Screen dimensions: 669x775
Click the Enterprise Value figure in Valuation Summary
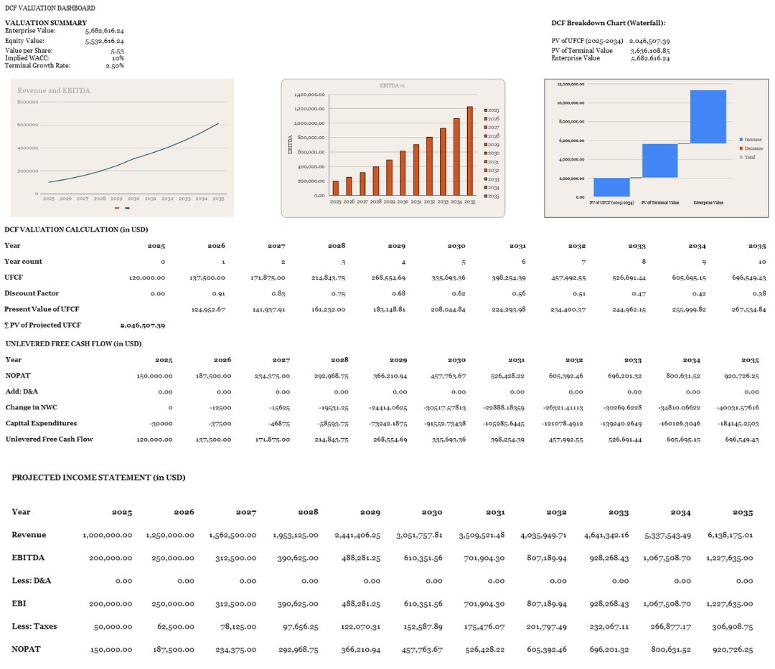(104, 31)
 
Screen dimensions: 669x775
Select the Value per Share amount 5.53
(117, 52)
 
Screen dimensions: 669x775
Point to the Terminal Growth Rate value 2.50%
(115, 66)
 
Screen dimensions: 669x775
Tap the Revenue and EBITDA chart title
(54, 91)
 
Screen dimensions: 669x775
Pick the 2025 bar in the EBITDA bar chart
(335, 188)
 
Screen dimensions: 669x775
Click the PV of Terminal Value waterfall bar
(659, 161)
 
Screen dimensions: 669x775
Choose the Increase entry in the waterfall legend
(752, 139)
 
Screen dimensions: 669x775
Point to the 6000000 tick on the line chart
(28, 125)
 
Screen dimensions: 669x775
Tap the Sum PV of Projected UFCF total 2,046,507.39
(142, 326)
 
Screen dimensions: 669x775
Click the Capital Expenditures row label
(41, 423)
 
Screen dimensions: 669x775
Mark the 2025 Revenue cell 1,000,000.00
(108, 535)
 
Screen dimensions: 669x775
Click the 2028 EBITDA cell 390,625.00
(299, 558)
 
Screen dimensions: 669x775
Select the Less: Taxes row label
(34, 626)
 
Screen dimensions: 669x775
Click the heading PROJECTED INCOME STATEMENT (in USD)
(98, 477)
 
